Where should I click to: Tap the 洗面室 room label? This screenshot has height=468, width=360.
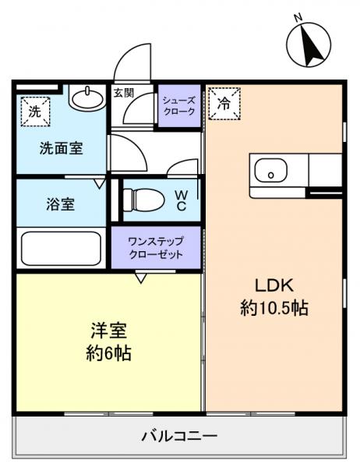pos(62,147)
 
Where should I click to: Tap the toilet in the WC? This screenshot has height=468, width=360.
pos(142,200)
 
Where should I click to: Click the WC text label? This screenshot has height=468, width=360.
pos(180,200)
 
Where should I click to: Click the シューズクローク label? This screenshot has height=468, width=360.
pos(179,105)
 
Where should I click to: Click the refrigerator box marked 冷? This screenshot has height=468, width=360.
pos(225,103)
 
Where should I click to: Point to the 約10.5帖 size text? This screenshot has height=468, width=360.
pos(274,308)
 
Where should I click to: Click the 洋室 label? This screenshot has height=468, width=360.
pos(108,330)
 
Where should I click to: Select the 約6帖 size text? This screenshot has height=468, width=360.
pos(108,353)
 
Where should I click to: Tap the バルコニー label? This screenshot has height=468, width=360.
pos(179,435)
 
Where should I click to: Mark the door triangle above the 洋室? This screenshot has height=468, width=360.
pos(142,277)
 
